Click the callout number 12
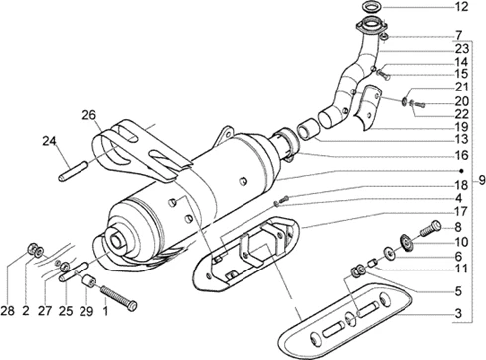(x=461, y=7)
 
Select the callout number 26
(x=89, y=115)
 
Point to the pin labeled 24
(x=73, y=170)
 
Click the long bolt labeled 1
(x=118, y=298)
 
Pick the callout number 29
(x=86, y=311)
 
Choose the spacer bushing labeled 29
(x=89, y=280)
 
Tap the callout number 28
(x=8, y=311)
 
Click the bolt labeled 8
(x=431, y=229)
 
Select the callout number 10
(x=461, y=242)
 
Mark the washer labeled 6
(x=389, y=253)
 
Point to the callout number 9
(x=482, y=181)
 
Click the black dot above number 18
(x=461, y=171)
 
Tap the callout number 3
(x=458, y=313)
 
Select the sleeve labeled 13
(x=308, y=128)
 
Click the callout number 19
(x=461, y=127)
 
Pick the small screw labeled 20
(x=418, y=104)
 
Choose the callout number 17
(x=461, y=211)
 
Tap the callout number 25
(x=66, y=311)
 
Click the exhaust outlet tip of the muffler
(x=116, y=239)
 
